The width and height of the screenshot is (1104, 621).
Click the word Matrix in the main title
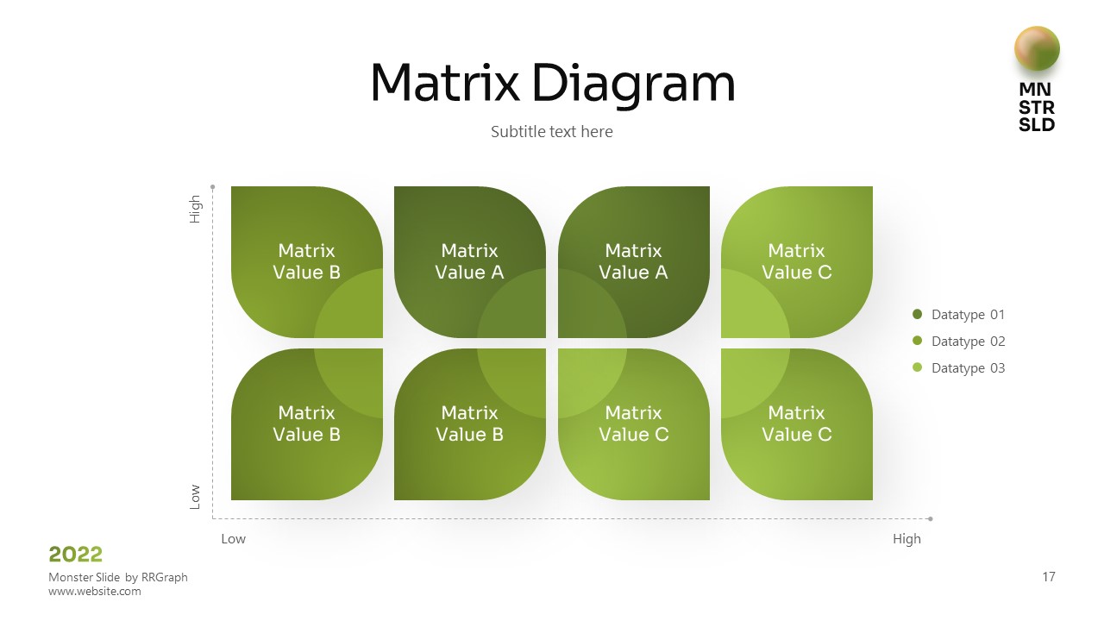pos(444,84)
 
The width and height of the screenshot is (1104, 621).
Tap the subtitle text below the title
pos(552,132)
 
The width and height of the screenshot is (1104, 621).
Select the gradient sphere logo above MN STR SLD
pos(1037,48)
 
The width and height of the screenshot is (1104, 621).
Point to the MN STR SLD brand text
pos(1037,107)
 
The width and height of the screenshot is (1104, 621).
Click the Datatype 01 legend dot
pos(917,315)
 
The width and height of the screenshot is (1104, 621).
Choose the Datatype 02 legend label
pos(968,342)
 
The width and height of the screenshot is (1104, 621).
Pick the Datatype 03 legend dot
pos(917,368)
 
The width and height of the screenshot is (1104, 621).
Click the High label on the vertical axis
pos(195,210)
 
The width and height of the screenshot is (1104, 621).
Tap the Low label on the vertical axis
pos(195,496)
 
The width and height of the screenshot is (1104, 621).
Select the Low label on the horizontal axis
pos(233,539)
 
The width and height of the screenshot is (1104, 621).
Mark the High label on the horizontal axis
pos(906,539)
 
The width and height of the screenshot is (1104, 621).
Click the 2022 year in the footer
pos(76,554)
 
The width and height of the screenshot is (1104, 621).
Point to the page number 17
pos(1049,577)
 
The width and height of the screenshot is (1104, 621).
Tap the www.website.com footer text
pos(94,592)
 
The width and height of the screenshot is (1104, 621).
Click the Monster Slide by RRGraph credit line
pos(118,577)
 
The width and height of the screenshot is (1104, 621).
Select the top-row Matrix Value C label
pos(797,261)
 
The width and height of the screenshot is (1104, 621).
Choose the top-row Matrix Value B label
pos(307,261)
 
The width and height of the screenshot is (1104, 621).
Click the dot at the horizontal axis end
pos(931,519)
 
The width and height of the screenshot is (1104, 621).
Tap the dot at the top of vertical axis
pos(213,186)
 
